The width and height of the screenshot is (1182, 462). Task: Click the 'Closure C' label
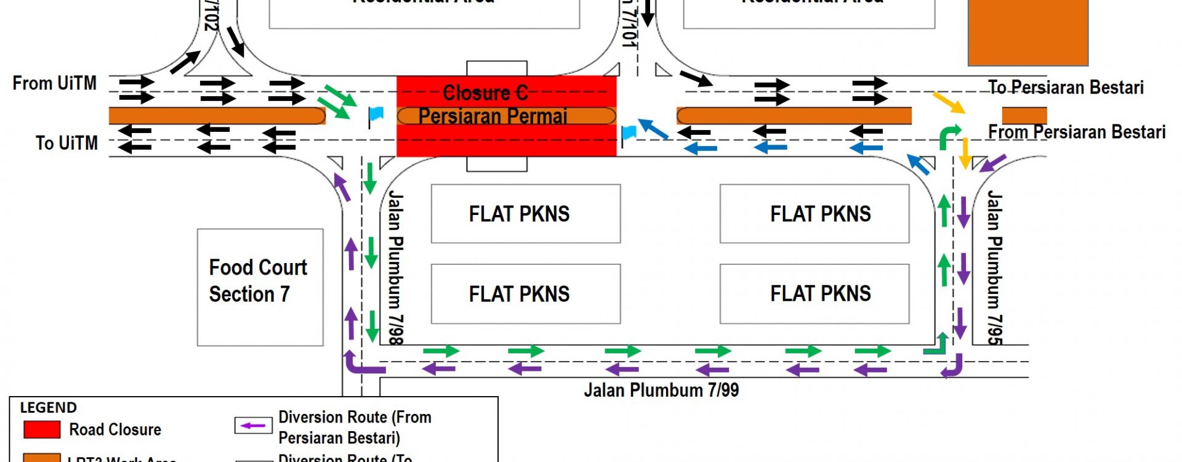[485, 93]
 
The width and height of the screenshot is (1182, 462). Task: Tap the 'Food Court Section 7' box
[260, 286]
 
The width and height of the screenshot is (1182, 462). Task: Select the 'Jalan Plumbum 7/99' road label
[661, 390]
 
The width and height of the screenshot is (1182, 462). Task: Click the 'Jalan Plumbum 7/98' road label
[395, 267]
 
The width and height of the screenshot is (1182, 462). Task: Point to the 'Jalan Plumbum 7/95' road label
[994, 267]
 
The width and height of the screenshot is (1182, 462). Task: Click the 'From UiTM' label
[55, 83]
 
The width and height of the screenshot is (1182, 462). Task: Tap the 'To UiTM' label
[66, 143]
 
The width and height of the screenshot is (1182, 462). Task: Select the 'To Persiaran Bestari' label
[1066, 87]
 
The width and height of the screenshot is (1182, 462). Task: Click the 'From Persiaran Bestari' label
[1076, 132]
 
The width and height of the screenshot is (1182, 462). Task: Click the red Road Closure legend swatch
[42, 429]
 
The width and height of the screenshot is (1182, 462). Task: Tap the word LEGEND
[49, 408]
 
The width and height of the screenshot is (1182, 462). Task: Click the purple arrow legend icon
[253, 426]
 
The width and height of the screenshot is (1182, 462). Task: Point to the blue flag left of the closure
[375, 115]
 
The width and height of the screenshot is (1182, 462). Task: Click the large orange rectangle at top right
[1027, 32]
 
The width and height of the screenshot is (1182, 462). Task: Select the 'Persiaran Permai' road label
[492, 116]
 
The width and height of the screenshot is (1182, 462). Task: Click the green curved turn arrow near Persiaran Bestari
[949, 136]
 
